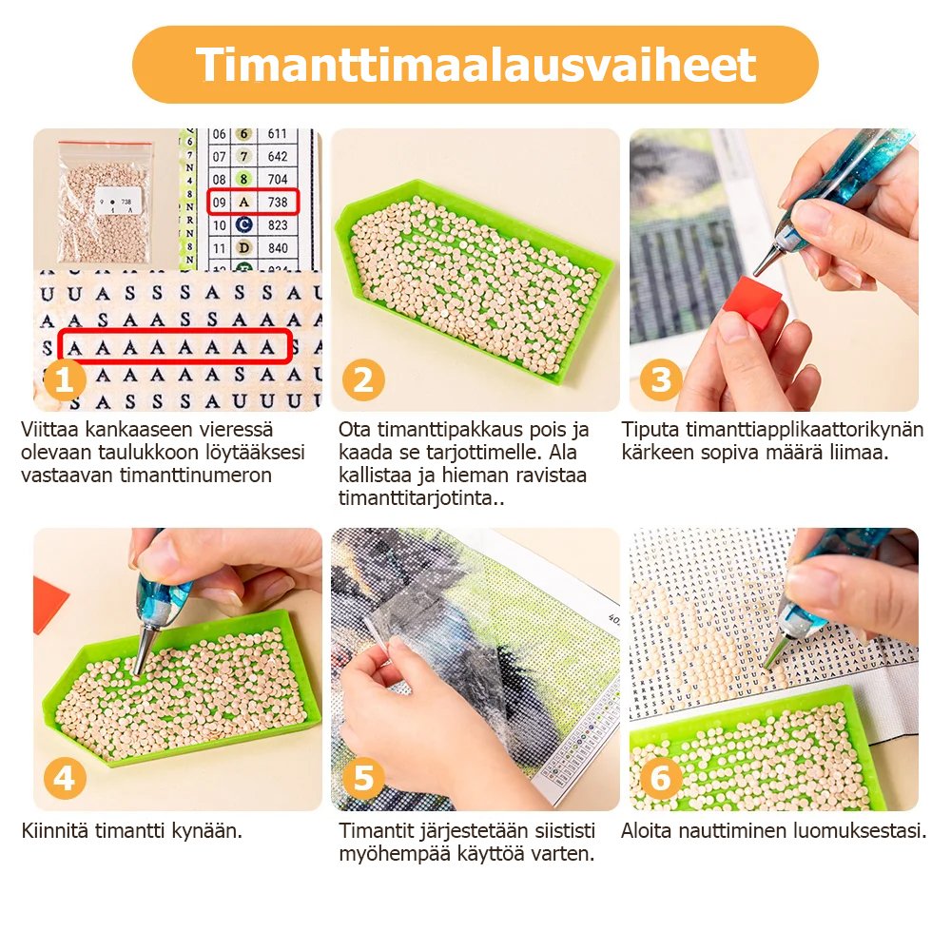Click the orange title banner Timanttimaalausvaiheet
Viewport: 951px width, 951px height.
point(475,65)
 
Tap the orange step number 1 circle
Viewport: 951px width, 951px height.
point(65,380)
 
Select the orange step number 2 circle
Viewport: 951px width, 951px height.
point(363,380)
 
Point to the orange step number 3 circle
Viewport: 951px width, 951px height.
point(661,380)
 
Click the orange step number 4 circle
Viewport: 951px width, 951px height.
point(65,778)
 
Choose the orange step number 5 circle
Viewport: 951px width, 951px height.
point(363,778)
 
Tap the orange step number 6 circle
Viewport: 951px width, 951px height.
point(661,778)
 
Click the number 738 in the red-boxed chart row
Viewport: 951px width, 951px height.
point(278,202)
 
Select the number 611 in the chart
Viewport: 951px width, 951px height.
point(277,134)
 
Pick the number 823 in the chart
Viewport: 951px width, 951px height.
point(278,225)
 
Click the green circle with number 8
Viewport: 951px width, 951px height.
point(243,179)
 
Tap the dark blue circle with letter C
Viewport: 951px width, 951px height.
point(243,225)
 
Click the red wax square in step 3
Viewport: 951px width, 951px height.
point(752,301)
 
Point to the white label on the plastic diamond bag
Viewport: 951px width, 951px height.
point(118,201)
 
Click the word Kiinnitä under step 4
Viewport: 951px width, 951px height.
point(53,829)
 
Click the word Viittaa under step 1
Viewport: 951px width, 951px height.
point(49,430)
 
